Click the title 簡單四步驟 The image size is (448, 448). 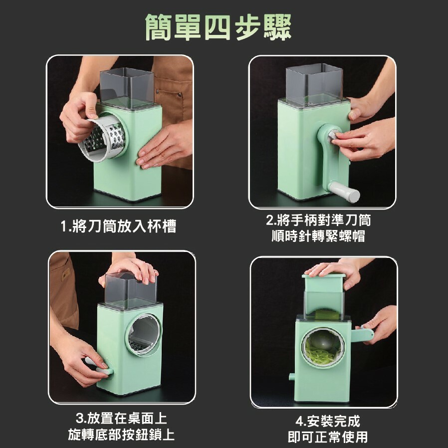pyautogui.click(x=219, y=27)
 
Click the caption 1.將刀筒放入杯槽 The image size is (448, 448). pyautogui.click(x=119, y=226)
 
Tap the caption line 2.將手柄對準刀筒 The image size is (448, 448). pyautogui.click(x=318, y=220)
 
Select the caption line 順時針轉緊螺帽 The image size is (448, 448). pyautogui.click(x=318, y=236)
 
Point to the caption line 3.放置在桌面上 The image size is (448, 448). pyautogui.click(x=121, y=419)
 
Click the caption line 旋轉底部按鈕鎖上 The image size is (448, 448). pyautogui.click(x=121, y=435)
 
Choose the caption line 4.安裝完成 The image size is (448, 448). pyautogui.click(x=328, y=421)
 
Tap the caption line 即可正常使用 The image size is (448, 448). pyautogui.click(x=328, y=437)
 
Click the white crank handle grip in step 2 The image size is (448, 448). pyautogui.click(x=344, y=192)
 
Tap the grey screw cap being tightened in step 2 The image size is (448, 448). pyautogui.click(x=333, y=137)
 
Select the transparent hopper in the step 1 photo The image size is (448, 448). pyautogui.click(x=127, y=88)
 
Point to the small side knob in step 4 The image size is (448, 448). pyautogui.click(x=292, y=377)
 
